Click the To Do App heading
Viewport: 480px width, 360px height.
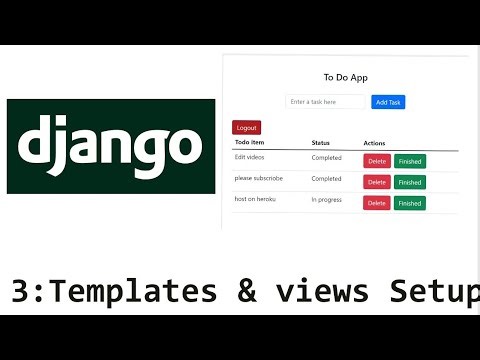(344, 77)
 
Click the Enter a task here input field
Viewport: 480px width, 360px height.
(325, 102)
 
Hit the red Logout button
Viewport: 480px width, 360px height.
(246, 128)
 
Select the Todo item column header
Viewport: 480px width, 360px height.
(250, 143)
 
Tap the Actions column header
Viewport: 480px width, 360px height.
(375, 143)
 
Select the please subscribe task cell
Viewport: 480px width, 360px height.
(258, 179)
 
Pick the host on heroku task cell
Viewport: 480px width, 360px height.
(255, 200)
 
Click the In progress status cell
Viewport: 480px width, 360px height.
(327, 200)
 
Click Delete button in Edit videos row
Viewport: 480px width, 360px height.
(377, 161)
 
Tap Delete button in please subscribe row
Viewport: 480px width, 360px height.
(377, 182)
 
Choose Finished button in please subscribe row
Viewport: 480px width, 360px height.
(410, 182)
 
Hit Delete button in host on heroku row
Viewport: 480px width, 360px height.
(377, 203)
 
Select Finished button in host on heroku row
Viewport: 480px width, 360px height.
(410, 203)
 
